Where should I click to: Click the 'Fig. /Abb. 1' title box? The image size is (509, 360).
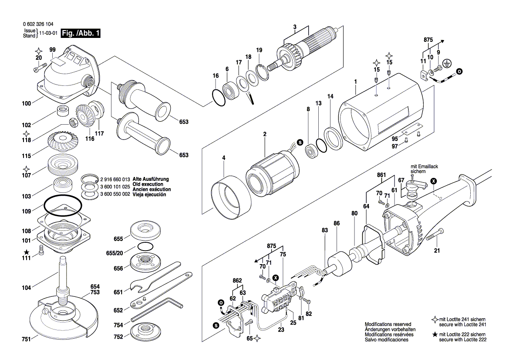click(81, 34)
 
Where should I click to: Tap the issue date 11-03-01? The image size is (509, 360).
click(48, 34)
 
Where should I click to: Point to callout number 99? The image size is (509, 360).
click(52, 50)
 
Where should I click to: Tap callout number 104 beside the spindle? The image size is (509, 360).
click(27, 288)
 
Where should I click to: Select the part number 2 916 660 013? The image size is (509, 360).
click(115, 179)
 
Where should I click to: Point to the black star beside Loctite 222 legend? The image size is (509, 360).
click(435, 334)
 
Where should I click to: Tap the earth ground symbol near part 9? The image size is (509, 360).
click(445, 63)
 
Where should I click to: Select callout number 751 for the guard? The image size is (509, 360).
click(27, 339)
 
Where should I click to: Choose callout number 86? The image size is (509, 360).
click(337, 223)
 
